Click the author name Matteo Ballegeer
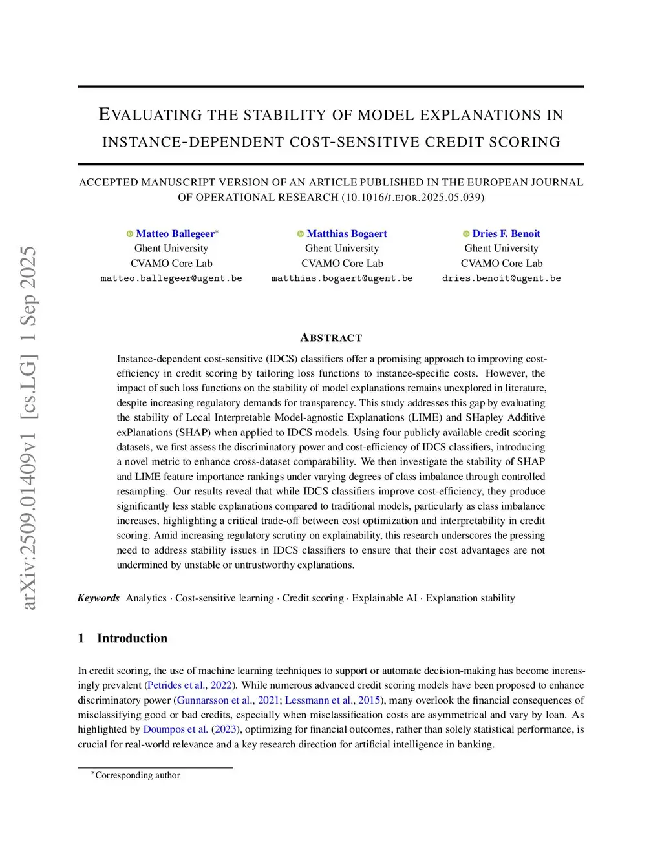[x=175, y=234]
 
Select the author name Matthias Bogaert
[x=347, y=234]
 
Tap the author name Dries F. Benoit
[x=506, y=234]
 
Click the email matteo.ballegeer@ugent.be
[x=171, y=278]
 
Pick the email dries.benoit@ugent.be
[x=501, y=278]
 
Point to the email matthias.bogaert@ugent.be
[x=342, y=278]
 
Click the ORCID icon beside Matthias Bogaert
[x=301, y=234]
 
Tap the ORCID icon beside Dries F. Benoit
[x=466, y=234]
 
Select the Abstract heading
[x=331, y=338]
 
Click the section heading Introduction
[x=132, y=638]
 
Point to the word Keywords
[x=98, y=598]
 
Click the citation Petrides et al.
[x=176, y=685]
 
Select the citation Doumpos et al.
[x=175, y=729]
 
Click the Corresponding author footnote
[x=137, y=775]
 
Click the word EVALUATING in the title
[x=150, y=115]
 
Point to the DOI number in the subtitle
[x=413, y=198]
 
